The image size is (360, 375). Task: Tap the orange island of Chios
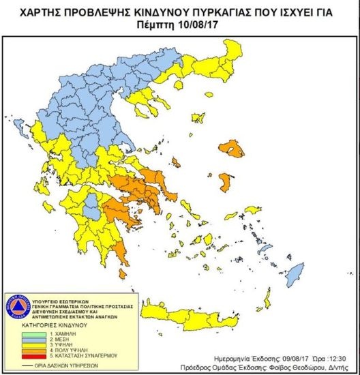[x=230, y=183]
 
